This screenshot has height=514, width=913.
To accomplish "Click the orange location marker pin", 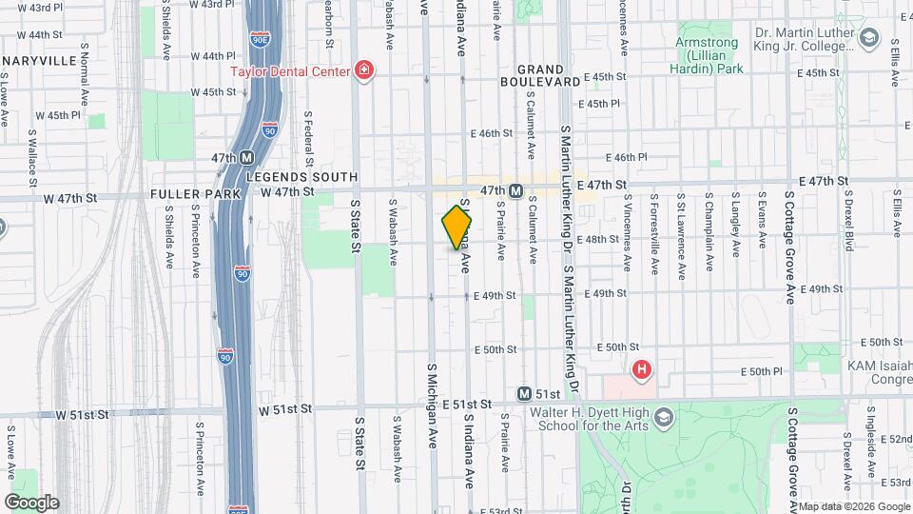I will coord(456,227).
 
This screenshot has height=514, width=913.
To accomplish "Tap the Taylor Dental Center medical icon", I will coord(362,69).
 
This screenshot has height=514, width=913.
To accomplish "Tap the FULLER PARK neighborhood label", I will coord(185,193).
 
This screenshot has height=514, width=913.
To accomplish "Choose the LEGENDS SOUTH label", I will coord(301,177).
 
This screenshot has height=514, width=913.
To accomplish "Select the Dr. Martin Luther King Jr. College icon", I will coord(867,38).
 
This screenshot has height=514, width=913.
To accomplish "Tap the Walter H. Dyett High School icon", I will coord(663,418).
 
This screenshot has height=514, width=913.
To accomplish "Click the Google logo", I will coord(31,502).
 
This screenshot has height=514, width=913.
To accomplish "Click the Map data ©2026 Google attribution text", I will coord(852,505).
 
